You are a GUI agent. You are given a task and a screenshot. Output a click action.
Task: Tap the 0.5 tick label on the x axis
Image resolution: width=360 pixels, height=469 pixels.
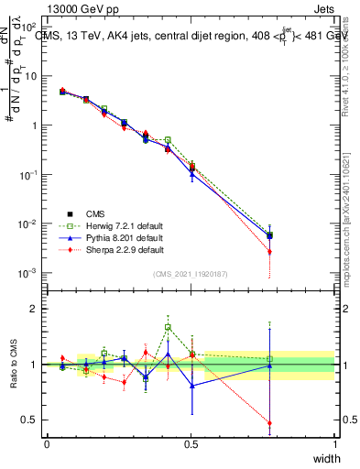click(191, 443)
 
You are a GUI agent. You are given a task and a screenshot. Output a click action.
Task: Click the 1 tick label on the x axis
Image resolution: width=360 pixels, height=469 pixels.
click(335, 443)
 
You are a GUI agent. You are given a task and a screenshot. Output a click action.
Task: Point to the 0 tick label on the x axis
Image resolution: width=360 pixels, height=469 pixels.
click(47, 443)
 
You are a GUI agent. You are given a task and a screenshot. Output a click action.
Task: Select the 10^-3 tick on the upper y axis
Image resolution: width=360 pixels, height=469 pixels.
click(27, 273)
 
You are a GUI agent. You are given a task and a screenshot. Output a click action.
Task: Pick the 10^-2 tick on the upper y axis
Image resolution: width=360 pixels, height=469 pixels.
click(27, 224)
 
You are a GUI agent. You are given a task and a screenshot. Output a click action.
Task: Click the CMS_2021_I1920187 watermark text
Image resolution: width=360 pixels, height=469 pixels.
click(191, 274)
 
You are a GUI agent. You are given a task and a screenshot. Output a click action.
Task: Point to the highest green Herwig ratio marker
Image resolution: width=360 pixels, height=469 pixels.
click(168, 327)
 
